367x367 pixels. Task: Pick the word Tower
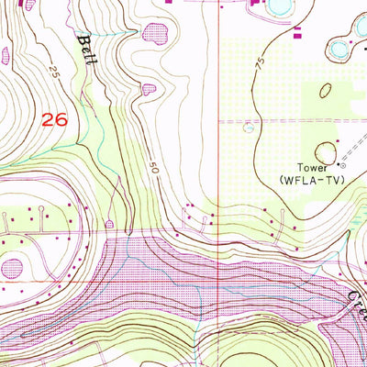coord(313,168)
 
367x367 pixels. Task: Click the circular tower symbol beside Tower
coord(340,167)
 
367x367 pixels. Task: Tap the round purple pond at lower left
coord(11,268)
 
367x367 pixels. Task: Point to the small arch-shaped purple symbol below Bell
coord(110,223)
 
